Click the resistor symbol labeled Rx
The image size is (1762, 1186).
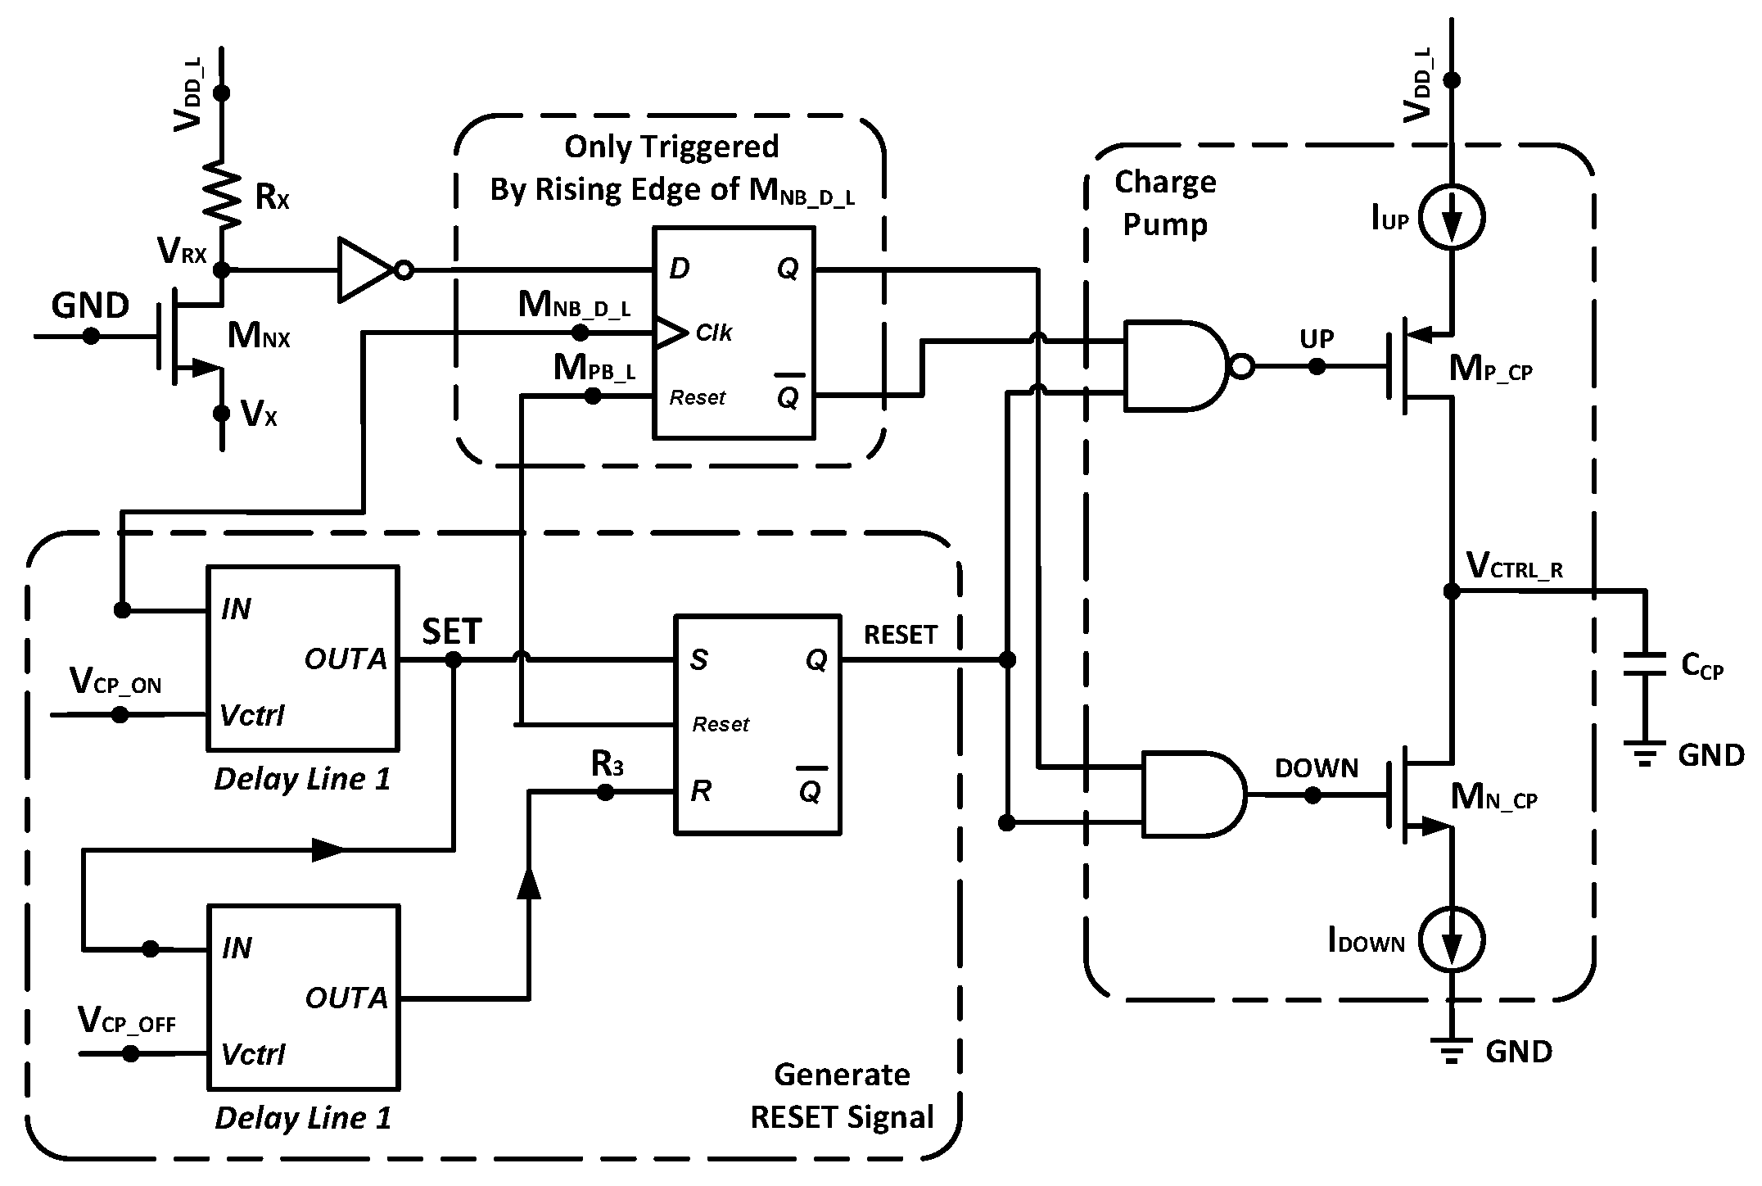pyautogui.click(x=221, y=195)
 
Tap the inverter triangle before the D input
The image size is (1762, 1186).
pyautogui.click(x=366, y=269)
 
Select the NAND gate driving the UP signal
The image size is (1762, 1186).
pyautogui.click(x=1175, y=365)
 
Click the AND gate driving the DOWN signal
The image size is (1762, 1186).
pyautogui.click(x=1192, y=794)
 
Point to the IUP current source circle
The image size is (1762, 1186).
pyautogui.click(x=1452, y=217)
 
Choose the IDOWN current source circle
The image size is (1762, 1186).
pyautogui.click(x=1452, y=942)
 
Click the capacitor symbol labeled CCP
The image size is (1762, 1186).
pyautogui.click(x=1644, y=664)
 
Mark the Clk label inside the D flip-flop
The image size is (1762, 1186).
pyautogui.click(x=713, y=333)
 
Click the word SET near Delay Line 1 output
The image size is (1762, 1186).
pyautogui.click(x=452, y=631)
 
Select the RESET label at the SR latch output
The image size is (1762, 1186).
pyautogui.click(x=901, y=635)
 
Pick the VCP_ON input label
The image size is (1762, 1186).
pyautogui.click(x=115, y=681)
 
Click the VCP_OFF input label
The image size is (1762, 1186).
pyautogui.click(x=126, y=1021)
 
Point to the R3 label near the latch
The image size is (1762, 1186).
pyautogui.click(x=607, y=765)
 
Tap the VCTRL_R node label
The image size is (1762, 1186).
pyautogui.click(x=1514, y=566)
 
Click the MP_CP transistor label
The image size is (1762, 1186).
pyautogui.click(x=1490, y=370)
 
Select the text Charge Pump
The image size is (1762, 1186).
pyautogui.click(x=1165, y=202)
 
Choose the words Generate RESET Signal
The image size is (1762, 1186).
pyautogui.click(x=842, y=1096)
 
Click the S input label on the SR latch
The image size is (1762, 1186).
pyautogui.click(x=698, y=660)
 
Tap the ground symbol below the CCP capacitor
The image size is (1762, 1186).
pyautogui.click(x=1644, y=753)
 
